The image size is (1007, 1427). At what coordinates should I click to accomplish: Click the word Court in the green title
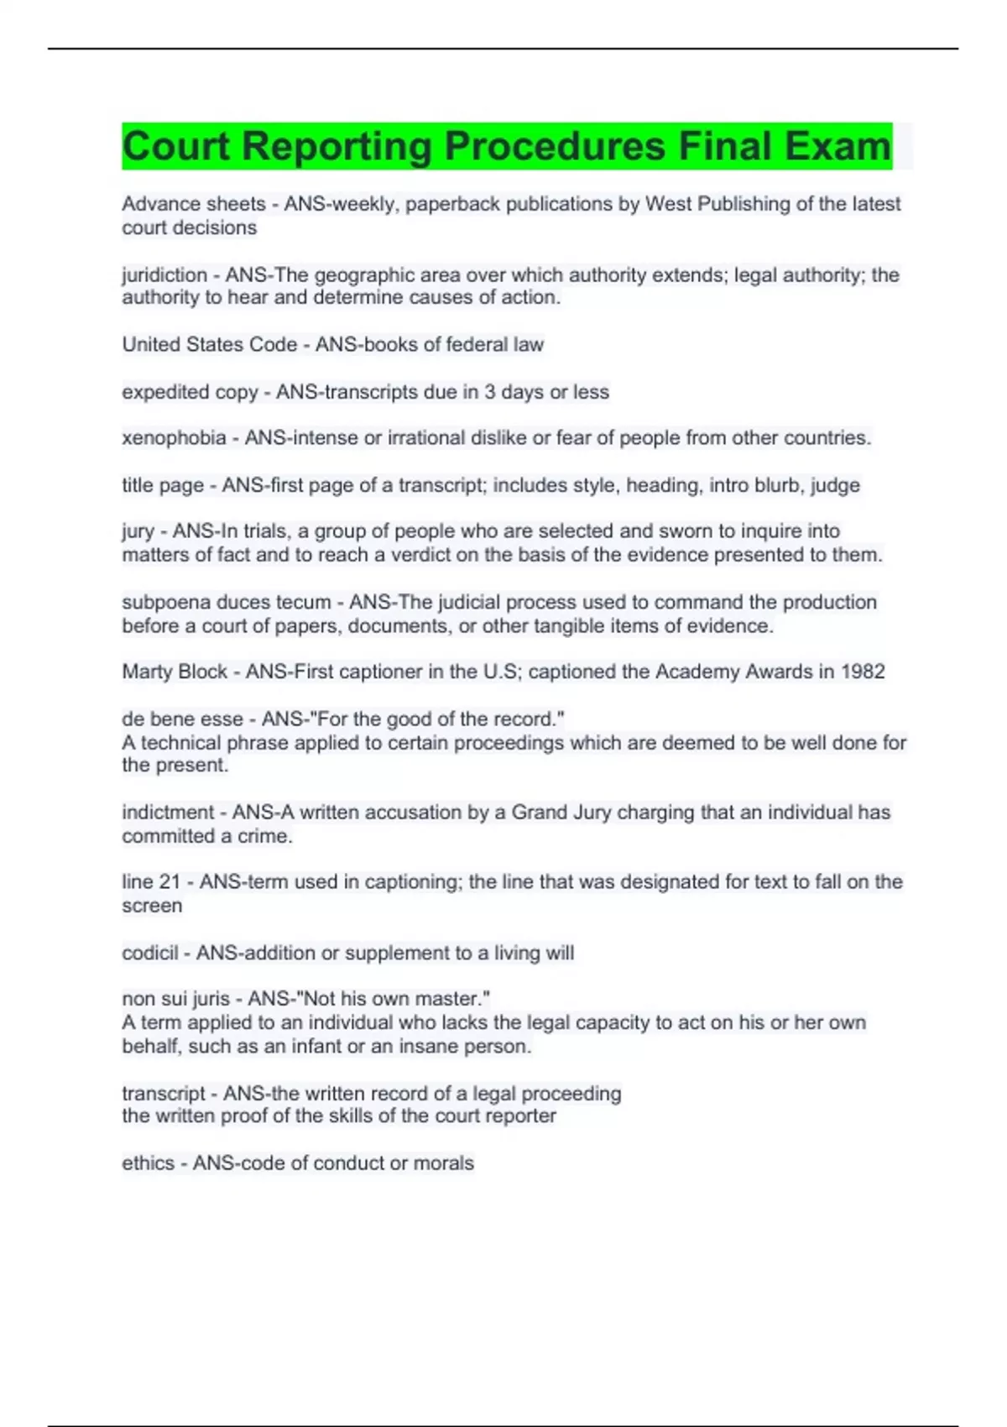(175, 146)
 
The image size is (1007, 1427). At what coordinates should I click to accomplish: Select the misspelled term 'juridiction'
(164, 274)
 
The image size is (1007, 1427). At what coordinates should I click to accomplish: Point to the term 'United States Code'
(209, 344)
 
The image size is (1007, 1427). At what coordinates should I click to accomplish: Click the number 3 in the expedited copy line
(489, 392)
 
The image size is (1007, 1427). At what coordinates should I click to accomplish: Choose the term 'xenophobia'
(174, 438)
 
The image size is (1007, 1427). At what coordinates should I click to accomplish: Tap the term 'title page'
(163, 485)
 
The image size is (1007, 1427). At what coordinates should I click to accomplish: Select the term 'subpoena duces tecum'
(226, 602)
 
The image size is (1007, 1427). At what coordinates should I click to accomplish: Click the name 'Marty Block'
(175, 672)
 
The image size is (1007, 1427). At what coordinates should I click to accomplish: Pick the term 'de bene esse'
(182, 719)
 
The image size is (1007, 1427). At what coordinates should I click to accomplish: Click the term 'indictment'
(168, 813)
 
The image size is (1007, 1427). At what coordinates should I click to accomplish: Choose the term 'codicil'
(149, 953)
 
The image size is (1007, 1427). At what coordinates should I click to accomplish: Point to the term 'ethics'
(148, 1163)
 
